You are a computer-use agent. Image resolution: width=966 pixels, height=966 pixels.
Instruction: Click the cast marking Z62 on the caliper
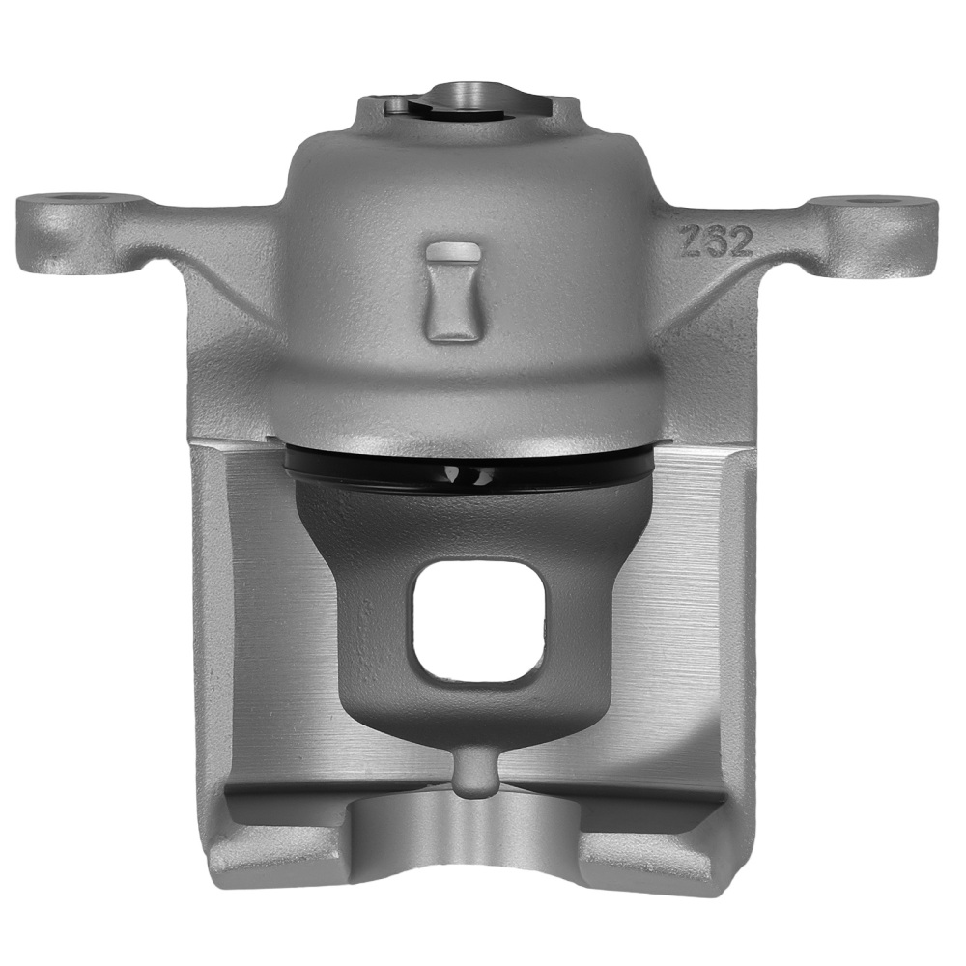(x=716, y=241)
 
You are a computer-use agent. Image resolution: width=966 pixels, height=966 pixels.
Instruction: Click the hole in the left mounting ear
(x=71, y=200)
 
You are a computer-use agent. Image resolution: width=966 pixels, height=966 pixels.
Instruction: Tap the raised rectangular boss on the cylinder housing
(x=452, y=290)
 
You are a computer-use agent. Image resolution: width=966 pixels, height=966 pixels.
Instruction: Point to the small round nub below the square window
(x=472, y=774)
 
